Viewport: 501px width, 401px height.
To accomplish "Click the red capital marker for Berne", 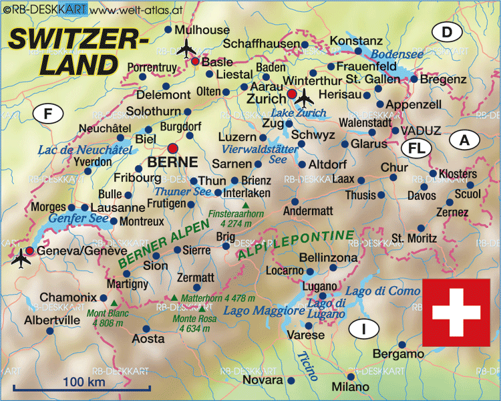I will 173,148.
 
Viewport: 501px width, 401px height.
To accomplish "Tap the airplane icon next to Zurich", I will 305,97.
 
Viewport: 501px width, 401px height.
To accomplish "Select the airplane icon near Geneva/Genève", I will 21,256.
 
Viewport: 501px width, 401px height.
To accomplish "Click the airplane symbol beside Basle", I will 186,48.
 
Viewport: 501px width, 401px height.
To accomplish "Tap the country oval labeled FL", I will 417,147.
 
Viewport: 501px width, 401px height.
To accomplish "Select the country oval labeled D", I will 447,31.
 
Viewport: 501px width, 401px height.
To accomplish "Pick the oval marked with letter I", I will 363,329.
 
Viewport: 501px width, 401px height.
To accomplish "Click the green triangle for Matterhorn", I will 174,297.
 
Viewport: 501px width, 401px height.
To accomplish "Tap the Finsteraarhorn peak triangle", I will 246,205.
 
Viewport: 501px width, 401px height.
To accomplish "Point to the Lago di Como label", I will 383,291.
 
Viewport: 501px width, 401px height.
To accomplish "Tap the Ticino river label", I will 306,366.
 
